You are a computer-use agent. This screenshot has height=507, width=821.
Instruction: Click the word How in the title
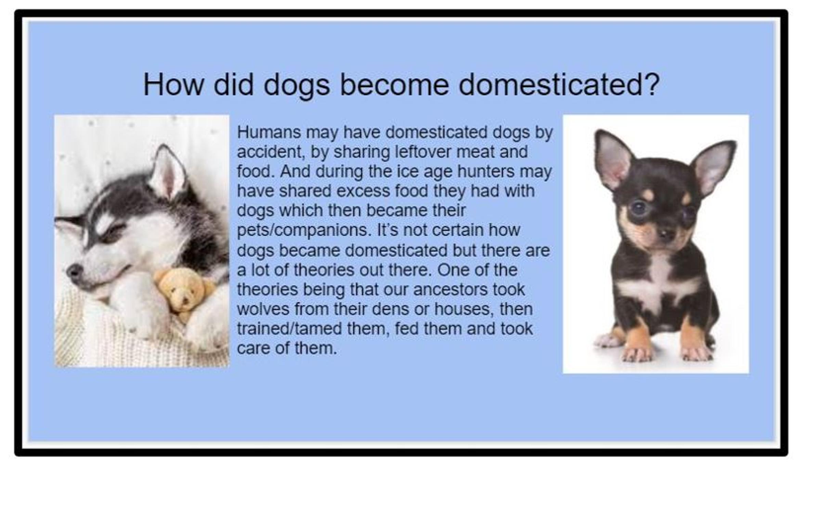(x=173, y=85)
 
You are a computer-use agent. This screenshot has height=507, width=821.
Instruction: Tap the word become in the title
(x=394, y=85)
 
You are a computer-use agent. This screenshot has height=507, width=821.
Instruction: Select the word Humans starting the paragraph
(x=269, y=132)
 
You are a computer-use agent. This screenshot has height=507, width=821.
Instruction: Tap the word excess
(x=363, y=191)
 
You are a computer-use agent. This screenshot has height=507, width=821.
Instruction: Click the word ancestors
(x=450, y=290)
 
